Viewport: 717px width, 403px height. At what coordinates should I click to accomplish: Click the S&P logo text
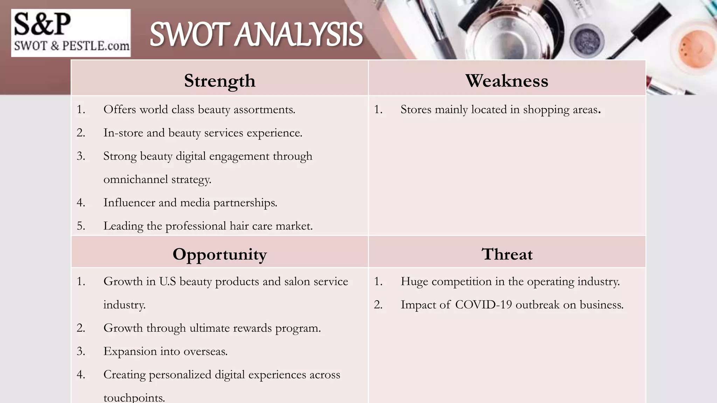coord(42,24)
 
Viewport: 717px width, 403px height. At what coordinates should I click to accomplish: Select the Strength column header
coord(220,81)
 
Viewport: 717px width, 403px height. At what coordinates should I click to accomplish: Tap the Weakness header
coord(507,81)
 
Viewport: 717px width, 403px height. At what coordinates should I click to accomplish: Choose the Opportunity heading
coord(220,254)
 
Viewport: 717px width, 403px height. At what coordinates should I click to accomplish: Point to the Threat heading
coord(507,254)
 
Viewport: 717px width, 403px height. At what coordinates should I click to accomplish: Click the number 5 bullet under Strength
coord(81,226)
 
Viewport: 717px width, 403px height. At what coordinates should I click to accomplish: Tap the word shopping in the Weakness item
coord(546,110)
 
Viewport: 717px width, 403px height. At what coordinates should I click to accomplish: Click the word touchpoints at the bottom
coord(134,398)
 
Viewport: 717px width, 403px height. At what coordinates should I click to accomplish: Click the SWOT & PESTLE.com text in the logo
coord(71,46)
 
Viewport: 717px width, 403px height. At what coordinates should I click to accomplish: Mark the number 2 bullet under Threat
coord(378,305)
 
